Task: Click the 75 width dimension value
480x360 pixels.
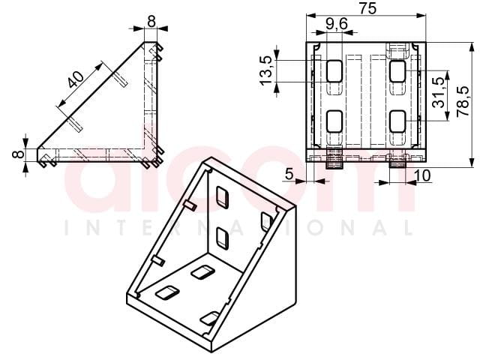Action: [367, 8]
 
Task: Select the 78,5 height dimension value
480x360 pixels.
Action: [463, 101]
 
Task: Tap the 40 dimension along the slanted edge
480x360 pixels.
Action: [76, 79]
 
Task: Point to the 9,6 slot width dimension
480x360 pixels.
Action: [337, 24]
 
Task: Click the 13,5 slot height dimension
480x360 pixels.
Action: [265, 70]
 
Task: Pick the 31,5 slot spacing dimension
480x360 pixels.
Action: [438, 92]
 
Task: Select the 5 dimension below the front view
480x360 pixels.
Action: [289, 174]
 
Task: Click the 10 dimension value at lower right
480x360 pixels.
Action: [422, 175]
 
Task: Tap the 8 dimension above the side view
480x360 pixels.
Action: [151, 22]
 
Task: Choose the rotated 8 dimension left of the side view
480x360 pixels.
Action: [18, 154]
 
